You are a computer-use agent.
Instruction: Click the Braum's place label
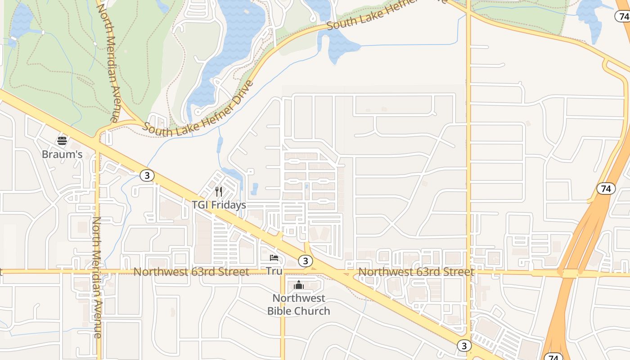[62, 154]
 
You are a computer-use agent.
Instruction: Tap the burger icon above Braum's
[62, 141]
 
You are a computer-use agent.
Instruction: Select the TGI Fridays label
[219, 205]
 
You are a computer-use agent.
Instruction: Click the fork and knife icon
[219, 192]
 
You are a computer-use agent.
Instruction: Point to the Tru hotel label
[274, 271]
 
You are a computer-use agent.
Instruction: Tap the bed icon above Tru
[274, 258]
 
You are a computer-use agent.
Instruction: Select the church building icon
[298, 285]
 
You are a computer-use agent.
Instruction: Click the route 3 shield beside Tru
[306, 261]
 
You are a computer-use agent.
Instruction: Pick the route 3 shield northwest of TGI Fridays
[147, 175]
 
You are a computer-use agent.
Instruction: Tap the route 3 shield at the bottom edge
[464, 346]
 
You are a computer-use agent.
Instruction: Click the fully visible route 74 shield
[606, 189]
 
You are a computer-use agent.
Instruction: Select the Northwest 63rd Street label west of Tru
[191, 272]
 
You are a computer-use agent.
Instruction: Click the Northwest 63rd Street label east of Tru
[416, 272]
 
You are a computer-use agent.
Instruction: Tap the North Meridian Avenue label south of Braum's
[97, 277]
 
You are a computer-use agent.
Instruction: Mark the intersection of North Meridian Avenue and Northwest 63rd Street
[98, 271]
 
